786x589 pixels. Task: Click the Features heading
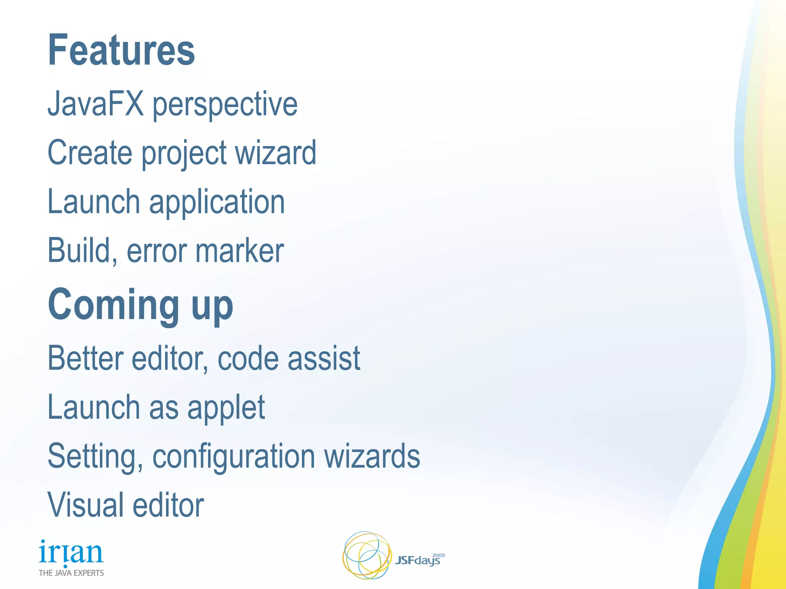(x=121, y=50)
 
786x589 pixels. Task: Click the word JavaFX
(x=96, y=104)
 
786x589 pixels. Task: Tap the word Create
(x=90, y=153)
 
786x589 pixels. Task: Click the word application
(x=217, y=202)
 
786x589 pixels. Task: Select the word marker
(x=239, y=251)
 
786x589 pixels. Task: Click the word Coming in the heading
(x=114, y=305)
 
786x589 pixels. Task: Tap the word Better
(x=85, y=358)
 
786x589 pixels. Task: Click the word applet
(x=226, y=408)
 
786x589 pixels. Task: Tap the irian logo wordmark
(x=71, y=553)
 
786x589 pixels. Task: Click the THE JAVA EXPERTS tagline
(x=71, y=573)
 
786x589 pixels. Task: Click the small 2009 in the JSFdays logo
(x=438, y=555)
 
